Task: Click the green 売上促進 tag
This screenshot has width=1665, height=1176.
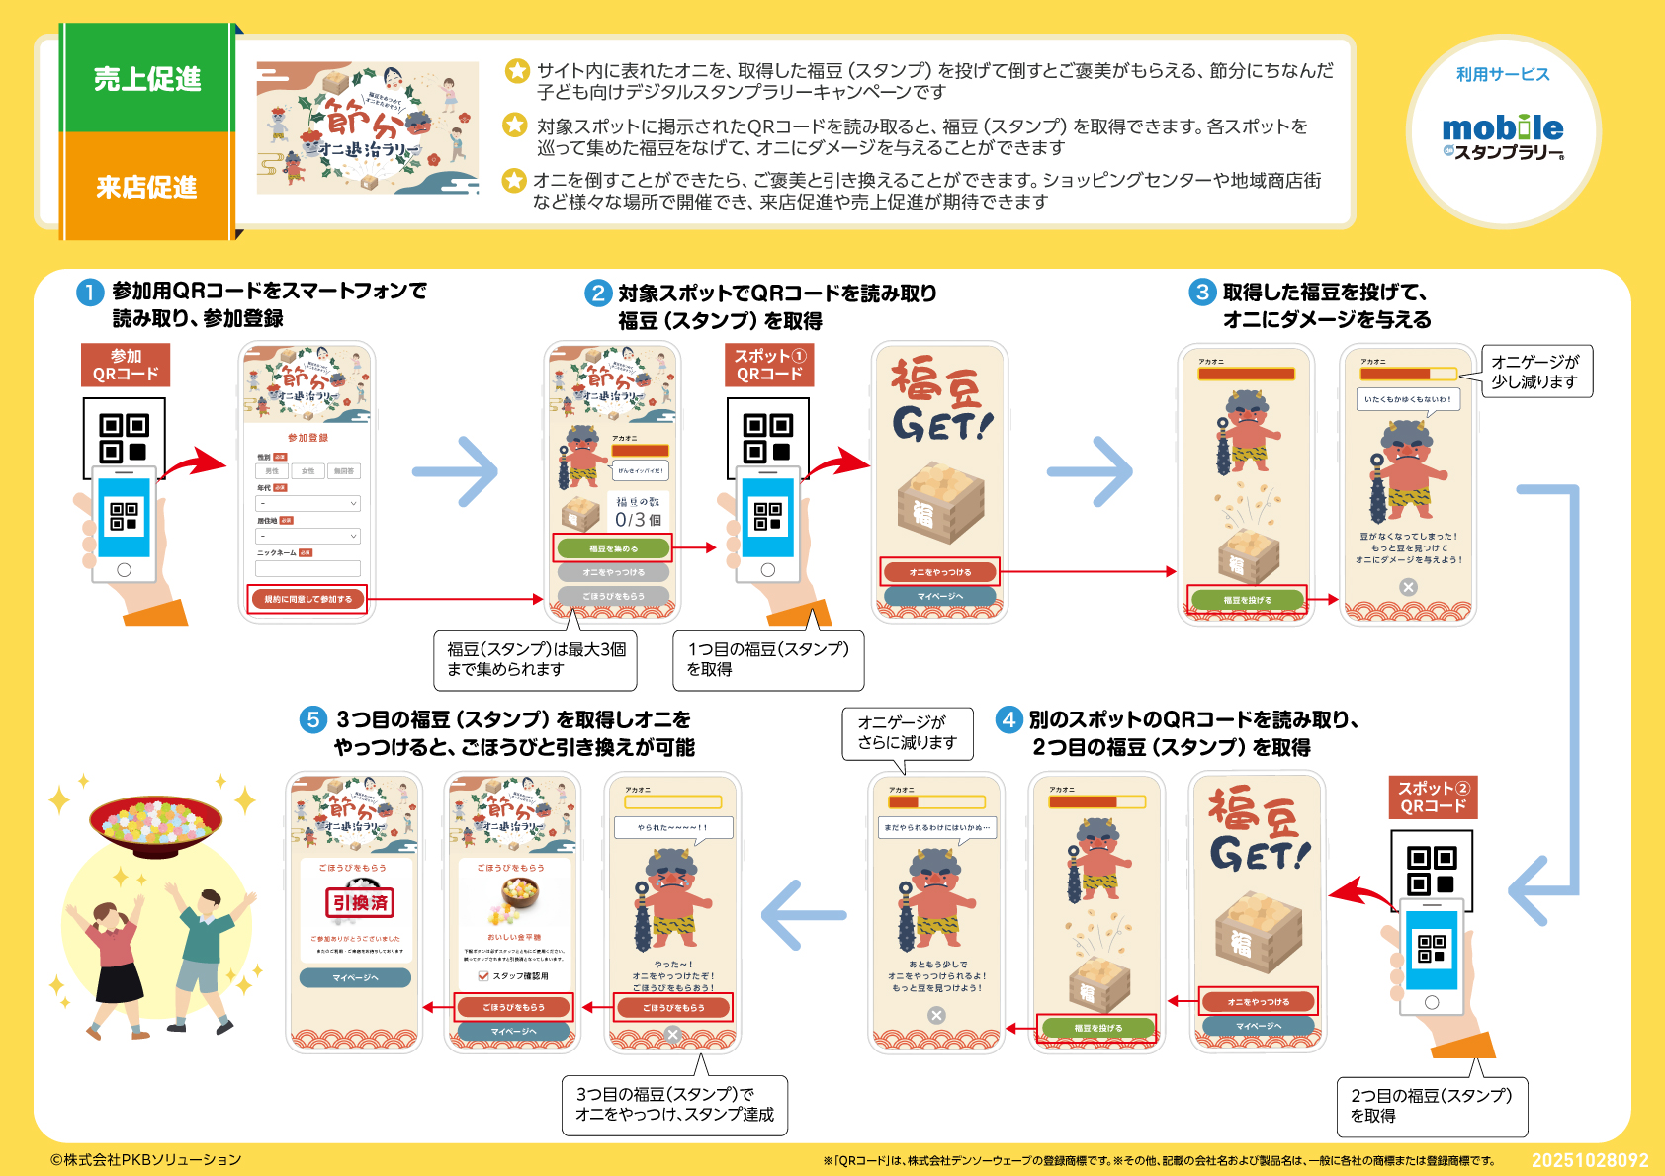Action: point(147,79)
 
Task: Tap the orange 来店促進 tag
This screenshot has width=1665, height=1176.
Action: point(147,187)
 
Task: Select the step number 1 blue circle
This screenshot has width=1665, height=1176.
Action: point(90,293)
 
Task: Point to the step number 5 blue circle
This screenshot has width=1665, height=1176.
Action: point(313,719)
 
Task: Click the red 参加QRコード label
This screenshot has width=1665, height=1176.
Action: point(126,365)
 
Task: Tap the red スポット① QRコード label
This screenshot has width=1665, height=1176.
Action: point(769,365)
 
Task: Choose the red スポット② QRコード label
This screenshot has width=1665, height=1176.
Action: point(1434,798)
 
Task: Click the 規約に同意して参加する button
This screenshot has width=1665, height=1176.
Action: point(307,599)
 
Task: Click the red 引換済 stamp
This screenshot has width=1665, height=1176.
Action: point(360,902)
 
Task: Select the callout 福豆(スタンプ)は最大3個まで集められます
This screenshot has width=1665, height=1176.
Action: point(535,659)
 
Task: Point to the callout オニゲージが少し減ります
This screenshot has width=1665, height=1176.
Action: point(1535,372)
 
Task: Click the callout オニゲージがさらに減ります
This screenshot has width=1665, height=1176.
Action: point(907,732)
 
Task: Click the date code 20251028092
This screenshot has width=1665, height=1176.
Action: point(1590,1160)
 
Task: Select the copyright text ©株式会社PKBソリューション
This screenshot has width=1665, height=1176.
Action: point(146,1160)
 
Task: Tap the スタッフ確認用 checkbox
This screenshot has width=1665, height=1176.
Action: point(483,976)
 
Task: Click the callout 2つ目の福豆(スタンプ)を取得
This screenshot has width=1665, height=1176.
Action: point(1431,1106)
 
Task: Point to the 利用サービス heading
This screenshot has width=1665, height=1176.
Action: point(1503,75)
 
